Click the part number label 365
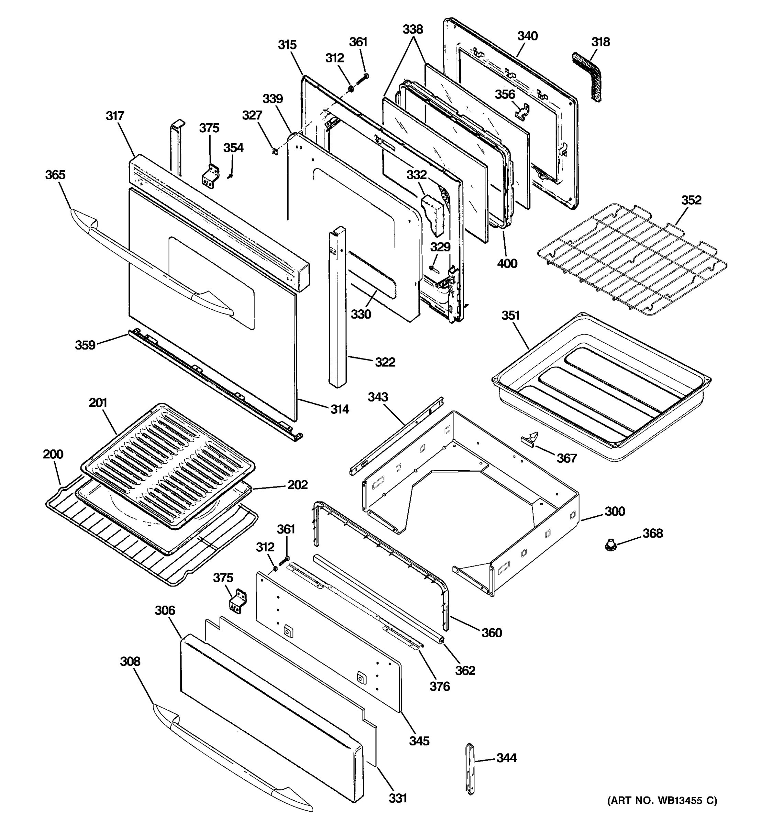click(55, 174)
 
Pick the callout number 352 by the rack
click(691, 200)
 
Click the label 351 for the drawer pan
click(510, 316)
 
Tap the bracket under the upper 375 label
click(211, 176)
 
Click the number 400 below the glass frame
click(507, 263)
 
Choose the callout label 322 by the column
click(385, 362)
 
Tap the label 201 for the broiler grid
click(98, 402)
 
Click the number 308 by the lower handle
click(130, 662)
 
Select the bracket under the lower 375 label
click(238, 600)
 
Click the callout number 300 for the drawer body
click(614, 511)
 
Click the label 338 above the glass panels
click(413, 29)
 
